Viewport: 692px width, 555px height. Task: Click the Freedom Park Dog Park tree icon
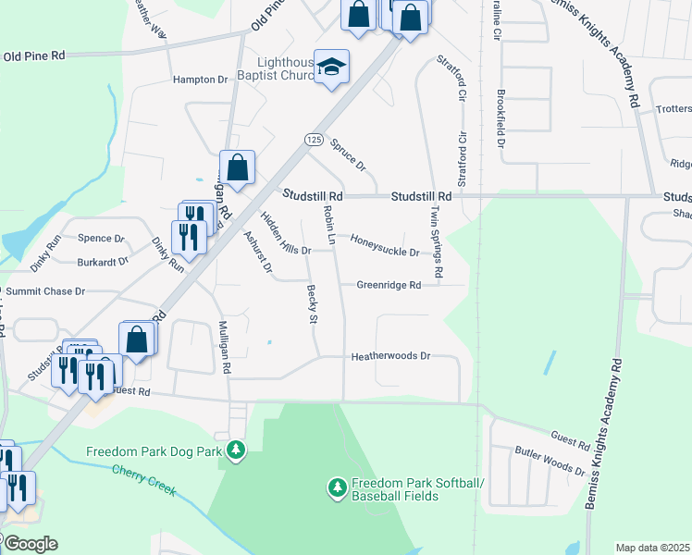pos(238,450)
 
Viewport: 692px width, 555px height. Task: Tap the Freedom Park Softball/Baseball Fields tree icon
pos(337,486)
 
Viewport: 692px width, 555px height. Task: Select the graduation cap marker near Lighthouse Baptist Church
pos(331,67)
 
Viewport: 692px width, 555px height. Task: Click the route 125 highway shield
pos(313,139)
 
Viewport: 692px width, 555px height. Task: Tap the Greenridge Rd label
pos(389,285)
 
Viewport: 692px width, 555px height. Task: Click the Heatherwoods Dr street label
pos(390,356)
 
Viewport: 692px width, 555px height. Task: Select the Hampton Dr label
pos(201,80)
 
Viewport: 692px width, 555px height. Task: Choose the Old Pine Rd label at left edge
pos(33,56)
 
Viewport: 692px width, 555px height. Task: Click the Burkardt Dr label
pos(102,262)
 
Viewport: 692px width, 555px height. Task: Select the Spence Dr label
pos(100,239)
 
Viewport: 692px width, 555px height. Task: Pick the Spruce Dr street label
pos(348,156)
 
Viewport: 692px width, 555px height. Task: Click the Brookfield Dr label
pos(500,118)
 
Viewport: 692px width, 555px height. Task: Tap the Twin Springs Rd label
pos(436,240)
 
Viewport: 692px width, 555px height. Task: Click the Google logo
pos(30,543)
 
